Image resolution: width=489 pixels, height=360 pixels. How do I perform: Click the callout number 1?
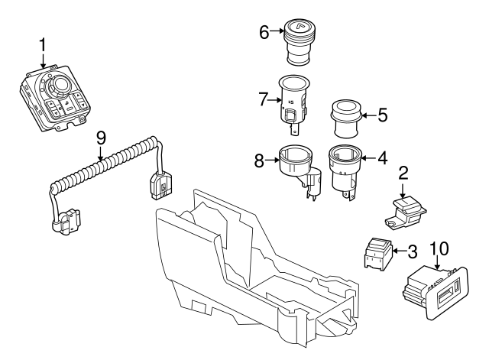pyautogui.click(x=43, y=46)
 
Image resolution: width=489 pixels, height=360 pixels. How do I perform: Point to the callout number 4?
pyautogui.click(x=383, y=159)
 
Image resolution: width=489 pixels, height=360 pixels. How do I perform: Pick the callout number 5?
pyautogui.click(x=382, y=116)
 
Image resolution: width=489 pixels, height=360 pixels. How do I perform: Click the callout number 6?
pyautogui.click(x=264, y=32)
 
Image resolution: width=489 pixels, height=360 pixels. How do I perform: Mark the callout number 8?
pyautogui.click(x=261, y=161)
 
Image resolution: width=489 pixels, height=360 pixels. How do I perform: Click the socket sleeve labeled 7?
pyautogui.click(x=293, y=102)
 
